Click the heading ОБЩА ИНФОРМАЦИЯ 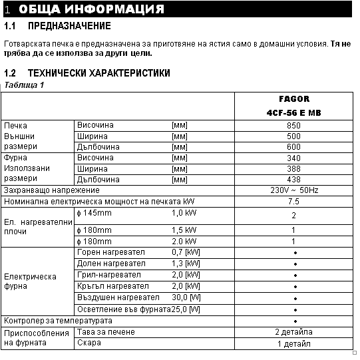[92, 9]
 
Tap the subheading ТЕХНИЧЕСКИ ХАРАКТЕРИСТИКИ [98, 73]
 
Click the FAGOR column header [293, 99]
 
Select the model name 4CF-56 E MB [293, 113]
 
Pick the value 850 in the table [293, 125]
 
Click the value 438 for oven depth [293, 180]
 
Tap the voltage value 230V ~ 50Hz [293, 190]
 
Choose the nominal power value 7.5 [293, 201]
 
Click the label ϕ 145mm [95, 213]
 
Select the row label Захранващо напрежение [52, 190]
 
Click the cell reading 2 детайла [293, 332]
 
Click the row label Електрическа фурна [30, 281]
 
